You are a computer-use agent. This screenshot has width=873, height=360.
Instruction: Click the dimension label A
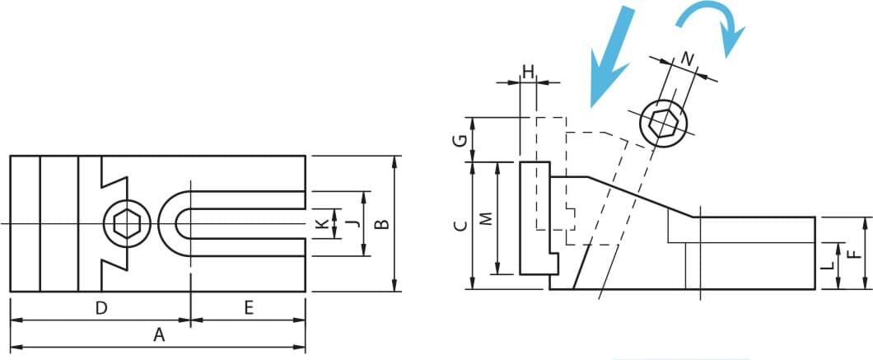click(x=159, y=335)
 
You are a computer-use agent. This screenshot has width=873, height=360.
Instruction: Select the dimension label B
click(x=381, y=224)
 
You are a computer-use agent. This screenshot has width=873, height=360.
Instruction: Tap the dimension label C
click(x=460, y=225)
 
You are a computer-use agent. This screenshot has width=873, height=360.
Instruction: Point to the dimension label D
click(x=100, y=307)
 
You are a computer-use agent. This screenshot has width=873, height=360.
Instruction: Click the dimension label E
click(x=249, y=307)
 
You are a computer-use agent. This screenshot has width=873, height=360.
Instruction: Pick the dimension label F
click(x=850, y=255)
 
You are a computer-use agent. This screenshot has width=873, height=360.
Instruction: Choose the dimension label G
click(x=460, y=139)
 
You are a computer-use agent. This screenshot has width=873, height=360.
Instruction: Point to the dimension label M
click(x=487, y=218)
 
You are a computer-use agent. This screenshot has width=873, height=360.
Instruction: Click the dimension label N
click(x=689, y=58)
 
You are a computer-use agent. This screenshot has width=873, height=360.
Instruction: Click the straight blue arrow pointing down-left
click(x=611, y=56)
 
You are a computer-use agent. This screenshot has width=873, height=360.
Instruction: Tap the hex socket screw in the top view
click(x=128, y=224)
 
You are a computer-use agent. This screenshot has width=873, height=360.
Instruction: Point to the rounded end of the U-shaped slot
click(x=167, y=224)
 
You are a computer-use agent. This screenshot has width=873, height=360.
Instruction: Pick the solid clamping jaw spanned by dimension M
click(x=537, y=217)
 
